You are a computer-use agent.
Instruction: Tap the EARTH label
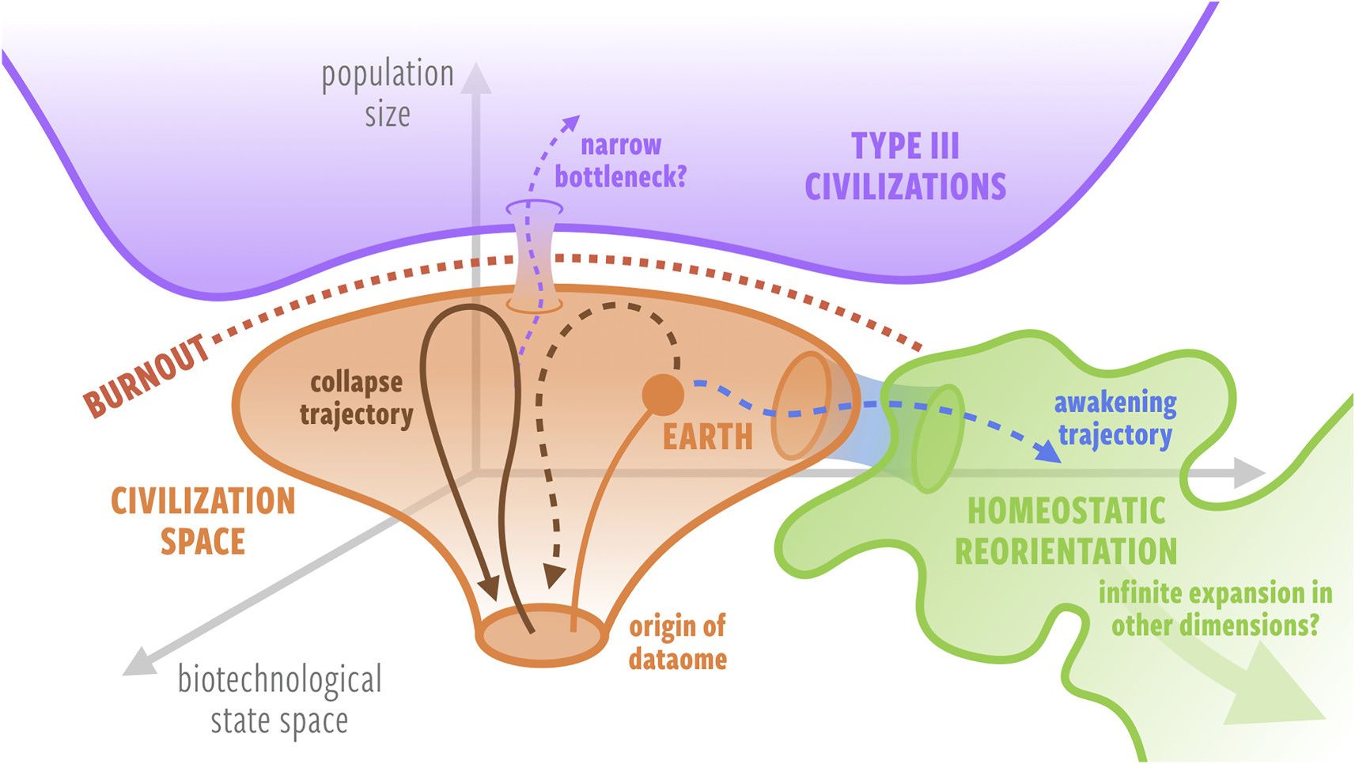pos(708,437)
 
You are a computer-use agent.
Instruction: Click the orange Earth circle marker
pos(663,395)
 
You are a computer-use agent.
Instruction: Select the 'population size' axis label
pos(388,93)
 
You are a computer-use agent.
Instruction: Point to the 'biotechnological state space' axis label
pos(279,699)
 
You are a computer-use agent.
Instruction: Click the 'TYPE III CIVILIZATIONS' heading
pos(906,166)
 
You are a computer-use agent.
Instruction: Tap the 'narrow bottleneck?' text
pos(621,161)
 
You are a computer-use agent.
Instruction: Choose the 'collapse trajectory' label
pos(356,399)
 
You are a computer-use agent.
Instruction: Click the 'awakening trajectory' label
pos(1115,418)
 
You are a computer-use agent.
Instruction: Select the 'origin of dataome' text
pos(677,642)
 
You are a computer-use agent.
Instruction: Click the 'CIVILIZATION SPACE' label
pos(203,521)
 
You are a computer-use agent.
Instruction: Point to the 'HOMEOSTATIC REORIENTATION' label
pos(1065,531)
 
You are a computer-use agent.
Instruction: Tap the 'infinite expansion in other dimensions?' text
pos(1215,608)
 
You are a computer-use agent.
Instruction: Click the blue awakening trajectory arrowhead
pos(1047,452)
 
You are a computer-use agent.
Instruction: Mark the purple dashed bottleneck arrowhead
pos(570,122)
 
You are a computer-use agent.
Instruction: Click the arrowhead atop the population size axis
pos(476,78)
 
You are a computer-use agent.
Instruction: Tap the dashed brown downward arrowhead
pos(554,577)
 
